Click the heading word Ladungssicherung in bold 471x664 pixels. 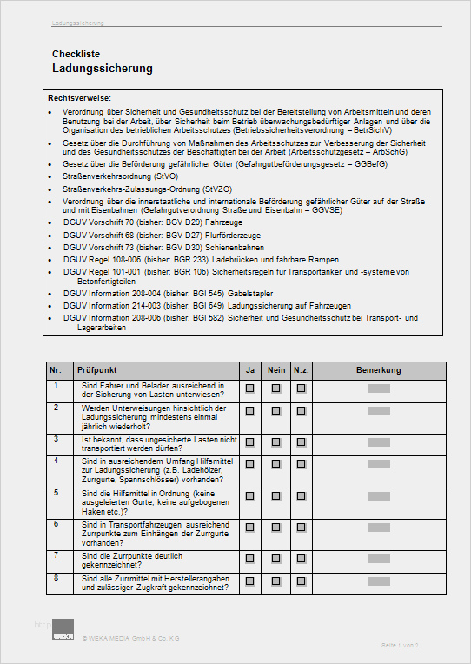(x=103, y=68)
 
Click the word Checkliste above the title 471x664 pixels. (x=76, y=54)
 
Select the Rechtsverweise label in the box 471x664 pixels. (x=79, y=98)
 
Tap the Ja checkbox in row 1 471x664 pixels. (x=249, y=388)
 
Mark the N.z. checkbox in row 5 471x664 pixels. (x=301, y=495)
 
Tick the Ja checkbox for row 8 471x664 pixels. (x=249, y=581)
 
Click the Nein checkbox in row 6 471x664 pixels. (x=275, y=527)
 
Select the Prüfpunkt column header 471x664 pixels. (x=97, y=370)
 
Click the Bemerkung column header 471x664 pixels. (x=379, y=370)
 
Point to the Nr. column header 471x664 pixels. (x=56, y=370)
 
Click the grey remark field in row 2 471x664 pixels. (x=380, y=412)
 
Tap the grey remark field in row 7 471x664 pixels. (x=380, y=557)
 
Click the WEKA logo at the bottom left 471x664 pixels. (x=63, y=630)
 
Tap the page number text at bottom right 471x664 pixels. (x=400, y=645)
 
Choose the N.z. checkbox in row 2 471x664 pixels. (x=301, y=412)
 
